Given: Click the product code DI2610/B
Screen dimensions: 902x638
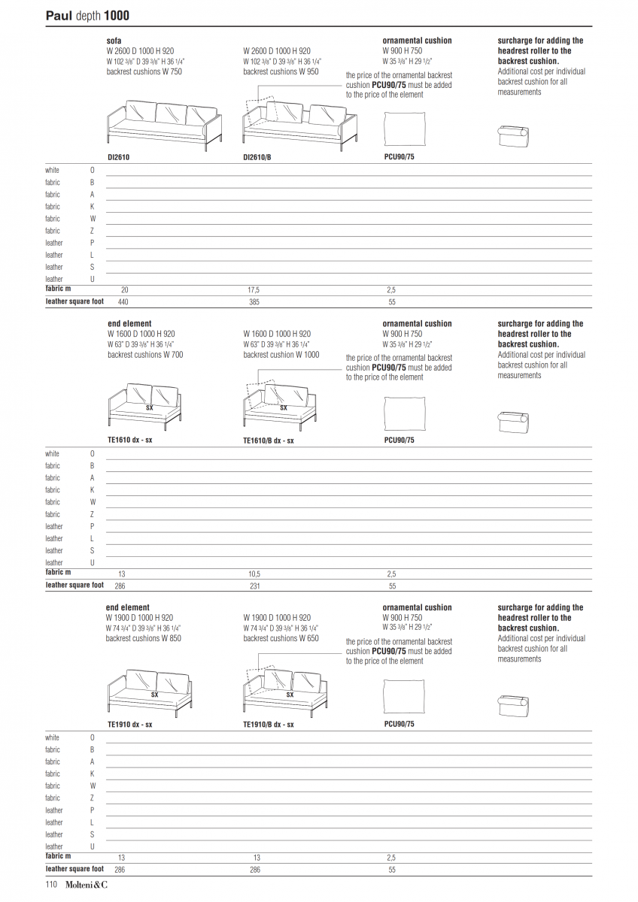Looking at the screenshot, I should tap(258, 158).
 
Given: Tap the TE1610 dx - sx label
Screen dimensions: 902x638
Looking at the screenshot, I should tap(129, 440).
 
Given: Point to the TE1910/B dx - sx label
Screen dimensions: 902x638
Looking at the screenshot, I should tap(269, 725).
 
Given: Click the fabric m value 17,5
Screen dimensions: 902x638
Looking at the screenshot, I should tap(254, 289).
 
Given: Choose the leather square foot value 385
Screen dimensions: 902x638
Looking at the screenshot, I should tap(254, 301).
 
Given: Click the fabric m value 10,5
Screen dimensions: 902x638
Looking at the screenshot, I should tap(254, 574).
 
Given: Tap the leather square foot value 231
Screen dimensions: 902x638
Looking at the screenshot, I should tap(254, 586).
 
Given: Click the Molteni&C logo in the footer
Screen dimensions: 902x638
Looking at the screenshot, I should tap(86, 885).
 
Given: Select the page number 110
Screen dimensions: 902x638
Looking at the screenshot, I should tap(52, 885).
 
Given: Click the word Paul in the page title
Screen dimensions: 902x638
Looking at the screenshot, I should tap(59, 15).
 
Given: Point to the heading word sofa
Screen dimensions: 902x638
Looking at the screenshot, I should tap(114, 41).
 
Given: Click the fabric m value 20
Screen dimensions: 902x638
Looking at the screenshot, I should tap(124, 289).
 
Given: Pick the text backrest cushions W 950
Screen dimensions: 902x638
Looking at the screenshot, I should tap(281, 71).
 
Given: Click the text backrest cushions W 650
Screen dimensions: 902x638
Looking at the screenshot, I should tap(281, 638).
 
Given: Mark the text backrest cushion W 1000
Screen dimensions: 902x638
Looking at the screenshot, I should tap(281, 355).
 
